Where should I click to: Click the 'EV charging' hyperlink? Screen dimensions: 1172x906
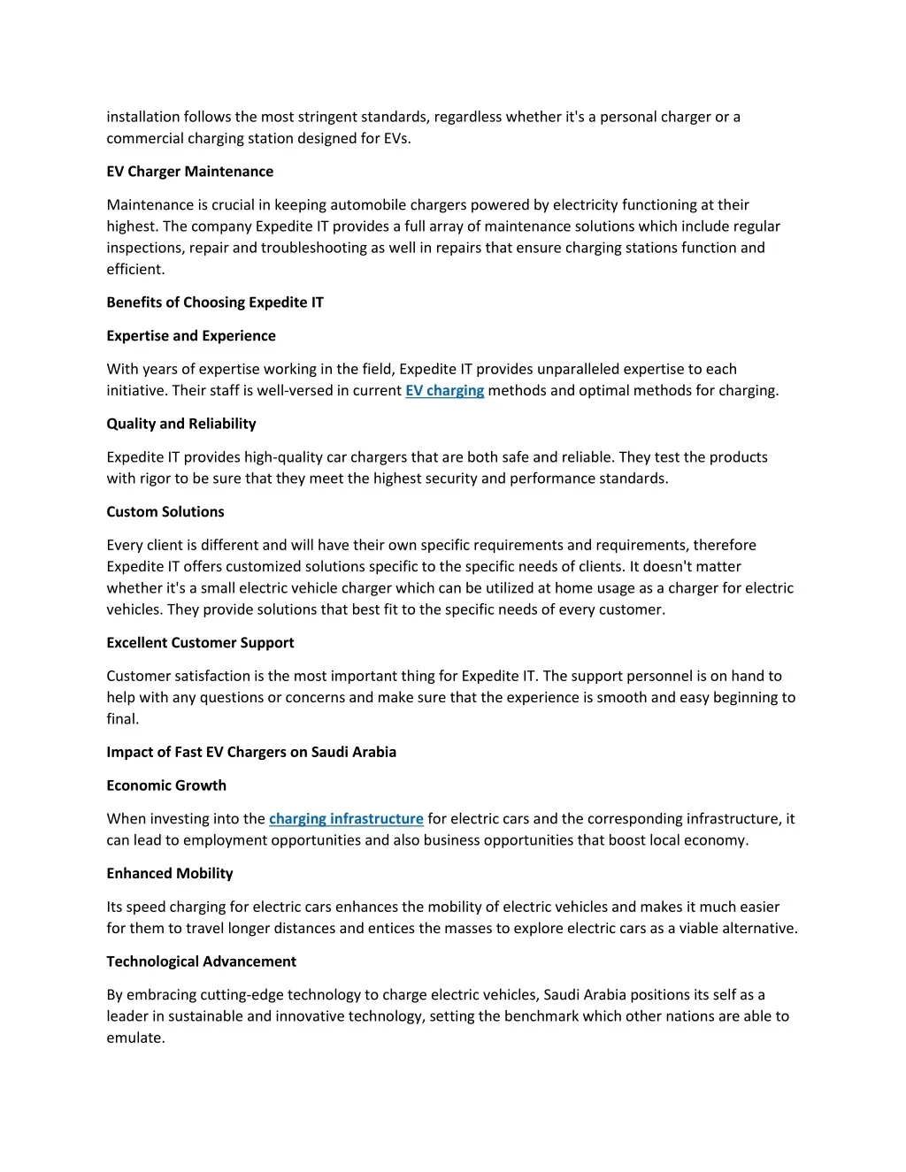pos(444,391)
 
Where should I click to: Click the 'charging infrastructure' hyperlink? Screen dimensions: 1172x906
pos(346,819)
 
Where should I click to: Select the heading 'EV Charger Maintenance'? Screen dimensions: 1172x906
pos(189,172)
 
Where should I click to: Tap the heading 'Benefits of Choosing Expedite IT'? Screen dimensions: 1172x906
pos(215,303)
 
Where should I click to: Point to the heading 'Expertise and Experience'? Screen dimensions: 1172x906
pos(191,336)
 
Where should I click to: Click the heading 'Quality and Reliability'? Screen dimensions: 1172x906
pos(181,424)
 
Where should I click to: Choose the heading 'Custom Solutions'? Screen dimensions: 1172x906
pos(165,512)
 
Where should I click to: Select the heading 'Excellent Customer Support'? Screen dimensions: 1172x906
pos(200,643)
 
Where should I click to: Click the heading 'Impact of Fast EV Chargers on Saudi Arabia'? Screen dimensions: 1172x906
pos(251,752)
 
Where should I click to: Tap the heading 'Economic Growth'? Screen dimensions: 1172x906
pos(166,785)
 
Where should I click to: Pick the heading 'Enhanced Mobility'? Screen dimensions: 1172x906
pos(170,874)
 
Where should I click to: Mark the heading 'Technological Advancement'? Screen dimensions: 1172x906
pos(201,961)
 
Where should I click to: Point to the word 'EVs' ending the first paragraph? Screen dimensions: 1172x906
pos(396,139)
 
